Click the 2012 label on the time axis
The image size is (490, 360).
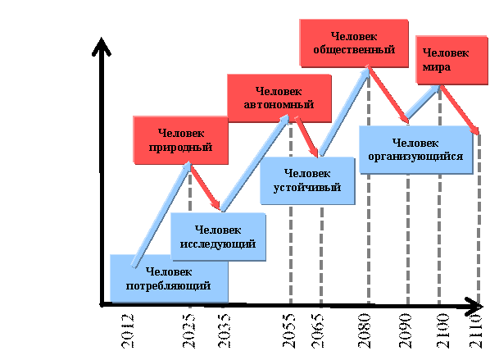point(127,331)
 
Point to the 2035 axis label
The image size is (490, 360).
point(224,331)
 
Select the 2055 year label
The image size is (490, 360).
point(288,331)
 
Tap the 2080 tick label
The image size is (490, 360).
point(365,331)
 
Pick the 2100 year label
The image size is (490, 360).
point(443,331)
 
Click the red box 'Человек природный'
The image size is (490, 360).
point(180,140)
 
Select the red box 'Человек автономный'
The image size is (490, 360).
point(279,98)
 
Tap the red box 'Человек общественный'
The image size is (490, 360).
point(354,43)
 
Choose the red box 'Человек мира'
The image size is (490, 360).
point(451,60)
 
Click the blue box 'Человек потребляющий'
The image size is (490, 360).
point(169,278)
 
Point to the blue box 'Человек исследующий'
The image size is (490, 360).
point(218,237)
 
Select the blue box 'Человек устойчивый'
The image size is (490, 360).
point(307,180)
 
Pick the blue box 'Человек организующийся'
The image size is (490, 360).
point(416,150)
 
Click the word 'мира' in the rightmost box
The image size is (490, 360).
point(437,67)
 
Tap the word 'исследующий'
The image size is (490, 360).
point(218,244)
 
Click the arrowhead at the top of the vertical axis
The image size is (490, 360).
point(102,46)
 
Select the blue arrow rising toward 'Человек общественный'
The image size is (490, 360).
point(344,112)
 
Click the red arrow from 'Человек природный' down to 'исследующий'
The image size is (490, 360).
point(206,187)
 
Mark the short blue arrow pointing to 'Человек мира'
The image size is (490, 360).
point(423,102)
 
